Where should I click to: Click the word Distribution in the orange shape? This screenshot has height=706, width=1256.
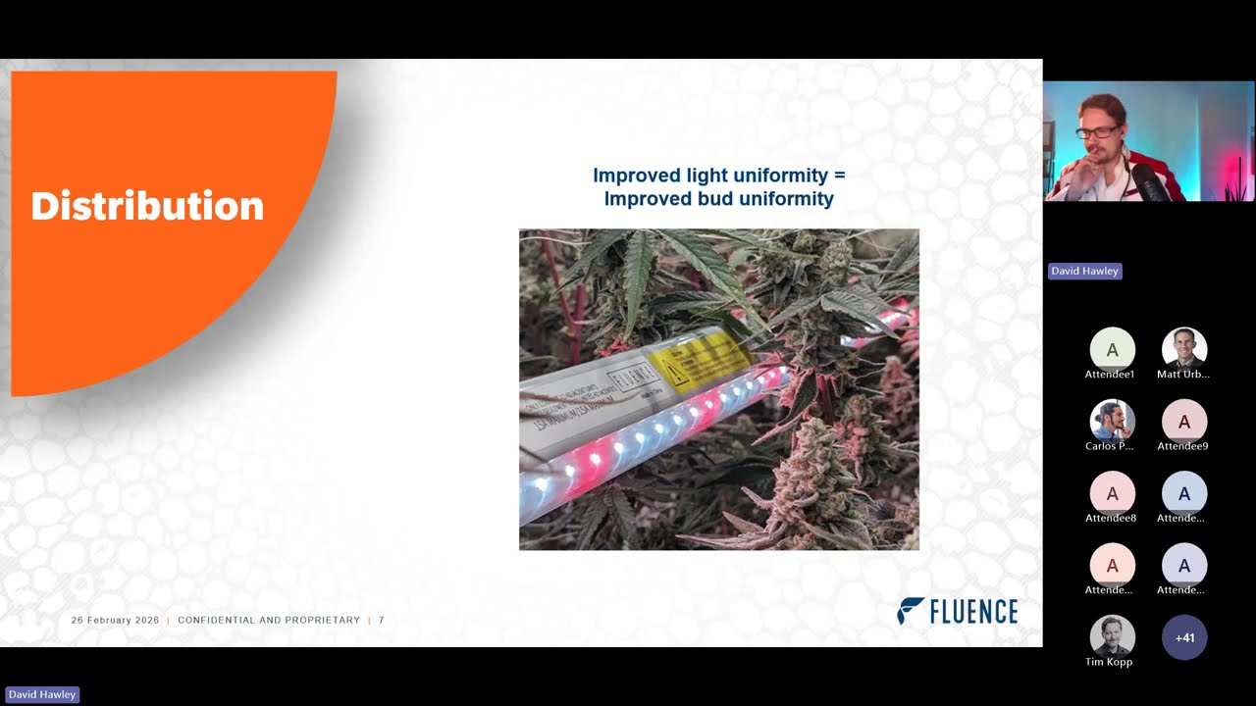147,207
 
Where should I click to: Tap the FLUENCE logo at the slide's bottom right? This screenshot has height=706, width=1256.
957,611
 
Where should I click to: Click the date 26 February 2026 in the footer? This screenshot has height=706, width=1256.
115,621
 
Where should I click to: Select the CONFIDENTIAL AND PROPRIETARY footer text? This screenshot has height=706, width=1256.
269,621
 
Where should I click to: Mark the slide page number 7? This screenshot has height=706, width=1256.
382,621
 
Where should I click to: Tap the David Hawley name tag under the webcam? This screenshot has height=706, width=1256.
1084,271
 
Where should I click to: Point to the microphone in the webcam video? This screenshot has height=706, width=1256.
1146,181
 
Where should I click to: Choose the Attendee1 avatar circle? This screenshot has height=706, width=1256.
1112,350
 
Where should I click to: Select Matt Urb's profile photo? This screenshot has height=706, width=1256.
1184,350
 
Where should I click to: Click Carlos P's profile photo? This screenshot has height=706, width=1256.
1112,422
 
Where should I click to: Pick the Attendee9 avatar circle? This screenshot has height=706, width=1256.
1184,422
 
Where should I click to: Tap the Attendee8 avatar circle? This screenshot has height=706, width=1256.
1112,494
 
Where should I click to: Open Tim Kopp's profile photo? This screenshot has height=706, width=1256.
1112,637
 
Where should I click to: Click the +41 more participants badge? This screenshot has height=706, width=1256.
1184,637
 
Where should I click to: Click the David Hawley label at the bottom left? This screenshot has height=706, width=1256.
41,694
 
